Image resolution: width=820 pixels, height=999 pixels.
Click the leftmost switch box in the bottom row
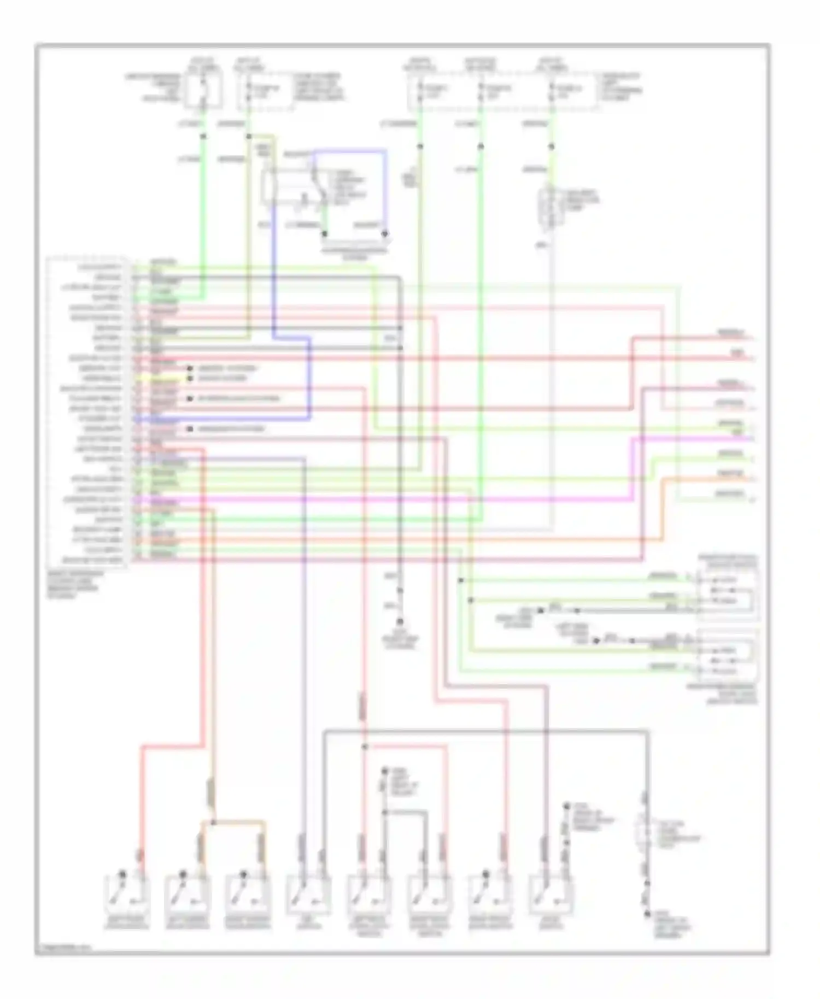pos(126,896)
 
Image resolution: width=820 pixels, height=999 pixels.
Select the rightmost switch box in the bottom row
pos(551,896)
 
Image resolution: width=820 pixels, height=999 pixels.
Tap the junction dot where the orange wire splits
pos(213,821)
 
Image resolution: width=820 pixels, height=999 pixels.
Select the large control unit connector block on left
pos(87,413)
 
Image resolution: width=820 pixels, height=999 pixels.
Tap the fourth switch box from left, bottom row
pos(308,896)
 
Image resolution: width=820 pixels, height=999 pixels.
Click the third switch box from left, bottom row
pos(248,896)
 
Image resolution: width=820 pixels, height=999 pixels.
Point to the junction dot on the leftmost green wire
pos(203,136)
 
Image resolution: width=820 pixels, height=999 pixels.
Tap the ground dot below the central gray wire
pos(400,622)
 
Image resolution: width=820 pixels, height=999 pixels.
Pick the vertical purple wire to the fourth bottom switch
pos(304,656)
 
